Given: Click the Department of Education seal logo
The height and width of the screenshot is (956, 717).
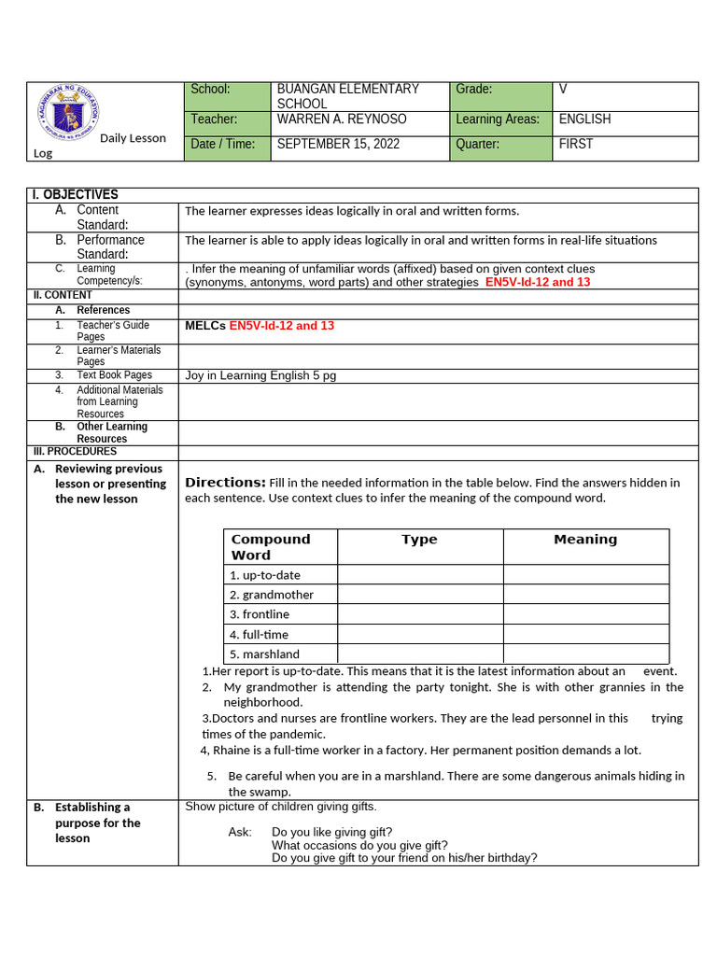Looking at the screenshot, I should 68,118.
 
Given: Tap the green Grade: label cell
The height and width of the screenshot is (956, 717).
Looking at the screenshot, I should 500,95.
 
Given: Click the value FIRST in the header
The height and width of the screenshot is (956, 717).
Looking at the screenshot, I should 576,144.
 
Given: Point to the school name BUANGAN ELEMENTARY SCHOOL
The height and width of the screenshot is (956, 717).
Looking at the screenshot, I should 347,96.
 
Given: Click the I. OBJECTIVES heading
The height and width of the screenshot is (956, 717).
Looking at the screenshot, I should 75,194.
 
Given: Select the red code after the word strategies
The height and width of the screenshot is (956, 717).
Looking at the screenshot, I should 538,282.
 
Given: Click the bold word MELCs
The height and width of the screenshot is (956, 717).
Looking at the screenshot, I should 205,326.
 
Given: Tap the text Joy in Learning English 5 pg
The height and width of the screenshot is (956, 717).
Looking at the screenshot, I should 260,375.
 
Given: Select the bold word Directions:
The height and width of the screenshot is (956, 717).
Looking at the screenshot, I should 225,483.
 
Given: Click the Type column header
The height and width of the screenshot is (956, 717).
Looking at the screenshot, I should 419,540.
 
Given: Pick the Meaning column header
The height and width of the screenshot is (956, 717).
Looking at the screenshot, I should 585,540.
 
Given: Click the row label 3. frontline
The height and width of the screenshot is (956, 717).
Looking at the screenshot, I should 260,614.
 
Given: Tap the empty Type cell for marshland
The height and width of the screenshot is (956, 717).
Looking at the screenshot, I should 420,654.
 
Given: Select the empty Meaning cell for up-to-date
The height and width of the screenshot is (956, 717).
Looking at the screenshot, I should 585,575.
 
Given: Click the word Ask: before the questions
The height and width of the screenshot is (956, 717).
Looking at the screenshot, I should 240,832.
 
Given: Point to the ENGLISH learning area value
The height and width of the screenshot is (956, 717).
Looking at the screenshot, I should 585,119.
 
